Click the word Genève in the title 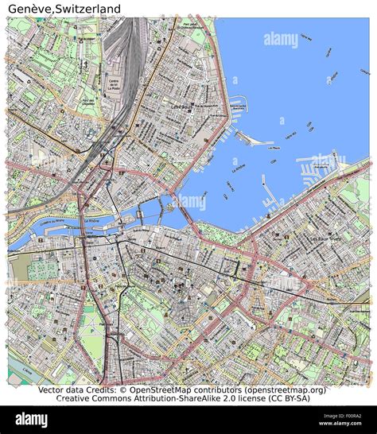click(28, 9)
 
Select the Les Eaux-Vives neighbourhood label click(325, 238)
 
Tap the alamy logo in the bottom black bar click(32, 419)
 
